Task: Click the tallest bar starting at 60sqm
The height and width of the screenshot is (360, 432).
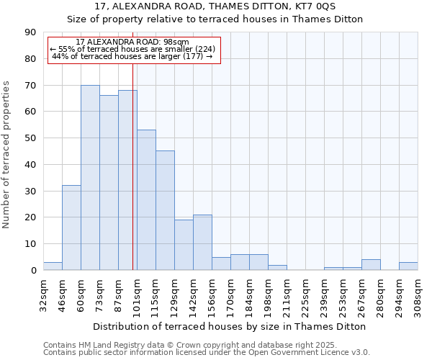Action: pos(90,178)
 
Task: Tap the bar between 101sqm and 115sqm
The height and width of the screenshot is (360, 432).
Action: pos(146,200)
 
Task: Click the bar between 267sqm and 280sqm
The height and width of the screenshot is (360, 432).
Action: pos(371,265)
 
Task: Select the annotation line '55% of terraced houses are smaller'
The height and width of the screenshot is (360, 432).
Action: pos(132,50)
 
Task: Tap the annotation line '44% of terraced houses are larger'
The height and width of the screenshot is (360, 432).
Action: pos(132,57)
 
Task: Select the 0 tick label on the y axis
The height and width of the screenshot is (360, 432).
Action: pos(33,271)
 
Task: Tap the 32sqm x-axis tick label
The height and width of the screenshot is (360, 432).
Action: pos(44,294)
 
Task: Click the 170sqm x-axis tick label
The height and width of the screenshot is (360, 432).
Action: pos(231,294)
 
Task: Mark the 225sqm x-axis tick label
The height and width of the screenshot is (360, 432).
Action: pos(306,294)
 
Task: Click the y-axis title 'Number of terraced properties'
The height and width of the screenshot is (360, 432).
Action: pos(6,155)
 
